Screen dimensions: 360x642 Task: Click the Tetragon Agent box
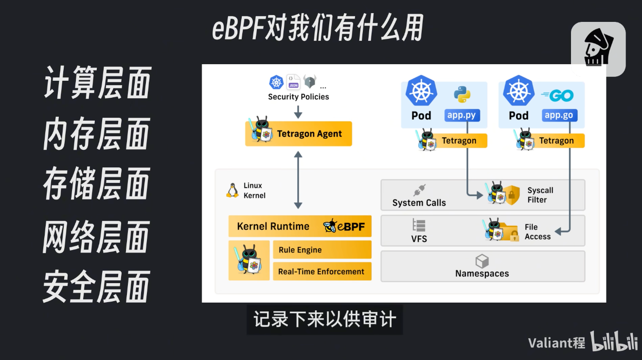coord(299,134)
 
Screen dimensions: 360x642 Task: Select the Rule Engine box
coord(322,250)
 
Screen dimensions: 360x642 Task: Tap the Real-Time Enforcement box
coord(322,271)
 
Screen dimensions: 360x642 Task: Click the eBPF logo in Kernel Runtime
coord(344,226)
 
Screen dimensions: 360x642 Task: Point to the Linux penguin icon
coord(232,190)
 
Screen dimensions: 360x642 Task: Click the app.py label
coord(462,115)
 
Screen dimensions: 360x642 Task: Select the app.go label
coord(559,115)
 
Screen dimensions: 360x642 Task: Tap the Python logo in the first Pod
coord(462,94)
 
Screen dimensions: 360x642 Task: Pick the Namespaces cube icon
coord(482,261)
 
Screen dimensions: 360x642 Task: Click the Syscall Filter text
coord(540,195)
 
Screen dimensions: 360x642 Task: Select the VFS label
coord(419,239)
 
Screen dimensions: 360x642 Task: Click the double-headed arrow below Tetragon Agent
coord(298,180)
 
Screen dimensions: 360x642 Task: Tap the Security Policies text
coord(298,97)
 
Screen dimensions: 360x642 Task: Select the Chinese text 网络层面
coord(96,236)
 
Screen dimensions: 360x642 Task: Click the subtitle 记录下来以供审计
coord(324,320)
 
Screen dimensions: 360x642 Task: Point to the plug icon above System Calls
coord(419,190)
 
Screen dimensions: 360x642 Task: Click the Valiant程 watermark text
coord(556,343)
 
